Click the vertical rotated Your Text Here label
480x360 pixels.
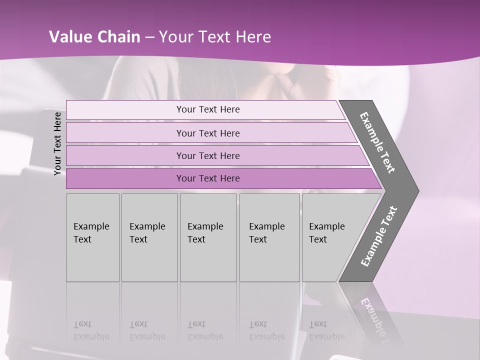click(57, 143)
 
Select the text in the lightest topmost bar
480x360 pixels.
click(208, 109)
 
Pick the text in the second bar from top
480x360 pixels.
click(208, 133)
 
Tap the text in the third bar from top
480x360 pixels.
click(208, 155)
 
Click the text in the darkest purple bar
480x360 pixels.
click(208, 178)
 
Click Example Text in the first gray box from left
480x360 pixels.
click(91, 233)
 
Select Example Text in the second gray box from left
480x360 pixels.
click(147, 233)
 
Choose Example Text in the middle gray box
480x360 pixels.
click(205, 233)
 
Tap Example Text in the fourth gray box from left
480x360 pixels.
click(266, 233)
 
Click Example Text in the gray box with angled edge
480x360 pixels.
click(326, 233)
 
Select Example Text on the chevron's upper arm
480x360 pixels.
click(377, 142)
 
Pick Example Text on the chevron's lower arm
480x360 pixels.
click(378, 236)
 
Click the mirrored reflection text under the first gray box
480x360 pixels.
click(91, 330)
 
